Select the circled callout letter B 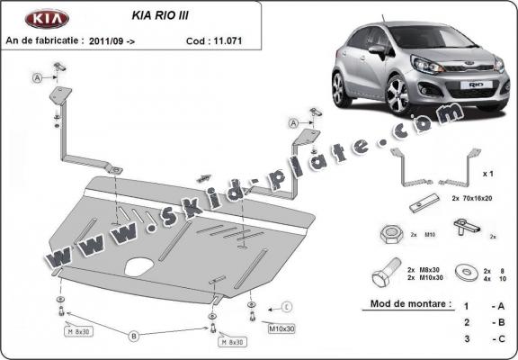pyautogui.click(x=133, y=336)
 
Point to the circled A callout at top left pyautogui.click(x=38, y=78)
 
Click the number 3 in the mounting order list pyautogui.click(x=466, y=337)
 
